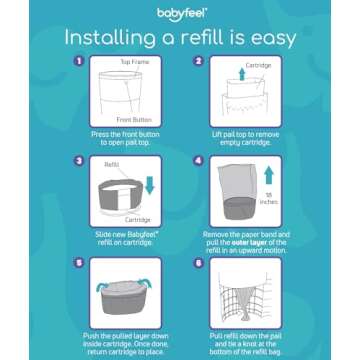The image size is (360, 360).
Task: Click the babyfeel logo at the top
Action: tap(180, 14)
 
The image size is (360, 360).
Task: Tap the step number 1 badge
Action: tap(78, 61)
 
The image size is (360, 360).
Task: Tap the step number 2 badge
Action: tap(198, 61)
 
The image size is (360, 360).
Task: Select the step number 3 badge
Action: tap(78, 159)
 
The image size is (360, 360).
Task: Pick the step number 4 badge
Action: tap(198, 159)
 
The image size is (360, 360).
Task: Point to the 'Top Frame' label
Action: tap(134, 61)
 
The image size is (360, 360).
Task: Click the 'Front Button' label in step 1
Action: tap(133, 119)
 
